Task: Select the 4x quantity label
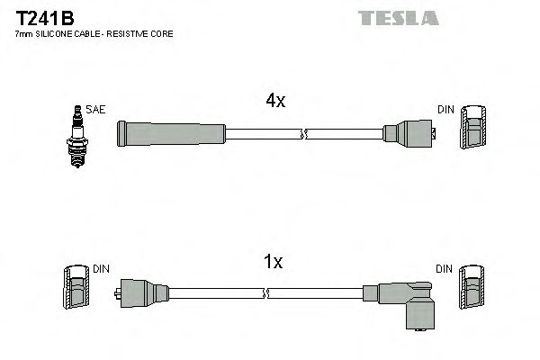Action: [274, 102]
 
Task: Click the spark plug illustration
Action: [77, 136]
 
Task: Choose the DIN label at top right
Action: [445, 109]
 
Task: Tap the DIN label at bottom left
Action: [102, 268]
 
